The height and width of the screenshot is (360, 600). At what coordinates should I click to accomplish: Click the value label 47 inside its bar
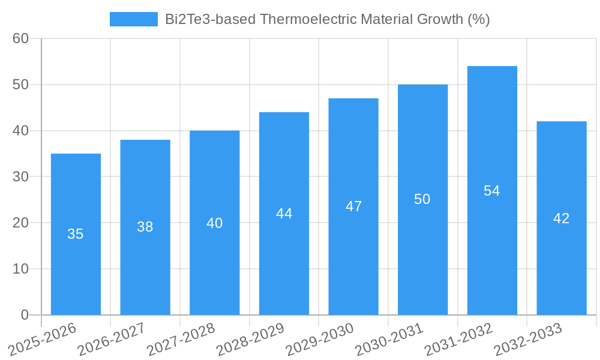pos(353,206)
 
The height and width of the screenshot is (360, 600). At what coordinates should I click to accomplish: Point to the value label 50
pos(422,199)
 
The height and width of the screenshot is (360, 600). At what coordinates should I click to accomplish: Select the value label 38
pos(145,227)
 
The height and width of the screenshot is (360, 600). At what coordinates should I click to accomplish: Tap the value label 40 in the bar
pos(214,223)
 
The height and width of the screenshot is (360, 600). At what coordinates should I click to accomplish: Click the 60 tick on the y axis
pos(21,38)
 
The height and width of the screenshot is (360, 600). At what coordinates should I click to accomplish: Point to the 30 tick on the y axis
pos(21,176)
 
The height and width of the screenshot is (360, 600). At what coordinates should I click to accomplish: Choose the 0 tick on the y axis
pos(25,315)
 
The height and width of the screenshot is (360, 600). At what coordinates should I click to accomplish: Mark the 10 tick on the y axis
pos(21,269)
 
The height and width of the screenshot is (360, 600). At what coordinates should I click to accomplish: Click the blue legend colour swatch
pos(133,19)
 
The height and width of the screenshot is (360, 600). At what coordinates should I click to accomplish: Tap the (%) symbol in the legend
pos(478,19)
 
